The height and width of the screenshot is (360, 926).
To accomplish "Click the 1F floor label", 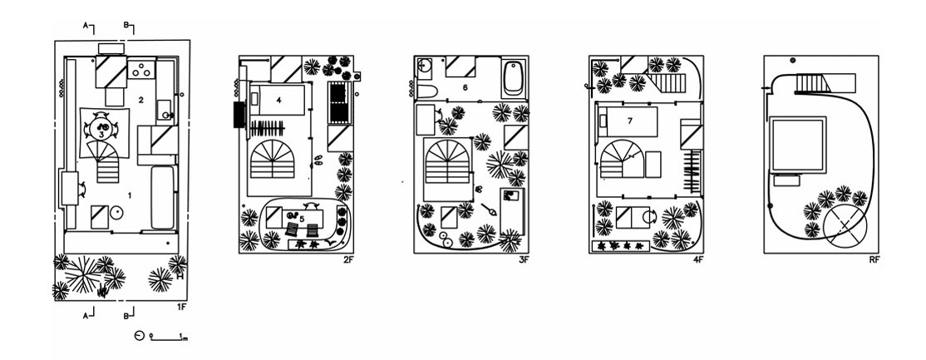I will [180, 308].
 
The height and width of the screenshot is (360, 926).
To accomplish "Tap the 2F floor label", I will [348, 260].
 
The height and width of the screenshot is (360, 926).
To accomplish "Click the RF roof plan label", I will [874, 260].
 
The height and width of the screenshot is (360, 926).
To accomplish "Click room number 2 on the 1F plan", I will [141, 100].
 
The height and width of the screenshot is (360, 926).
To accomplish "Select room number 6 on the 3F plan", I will [465, 86].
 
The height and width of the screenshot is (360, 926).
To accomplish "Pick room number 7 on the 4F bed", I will [630, 121].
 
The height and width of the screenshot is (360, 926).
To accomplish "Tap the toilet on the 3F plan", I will [423, 90].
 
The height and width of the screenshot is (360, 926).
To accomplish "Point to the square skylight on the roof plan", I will [797, 144].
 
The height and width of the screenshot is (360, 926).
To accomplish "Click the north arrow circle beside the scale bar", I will [139, 337].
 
